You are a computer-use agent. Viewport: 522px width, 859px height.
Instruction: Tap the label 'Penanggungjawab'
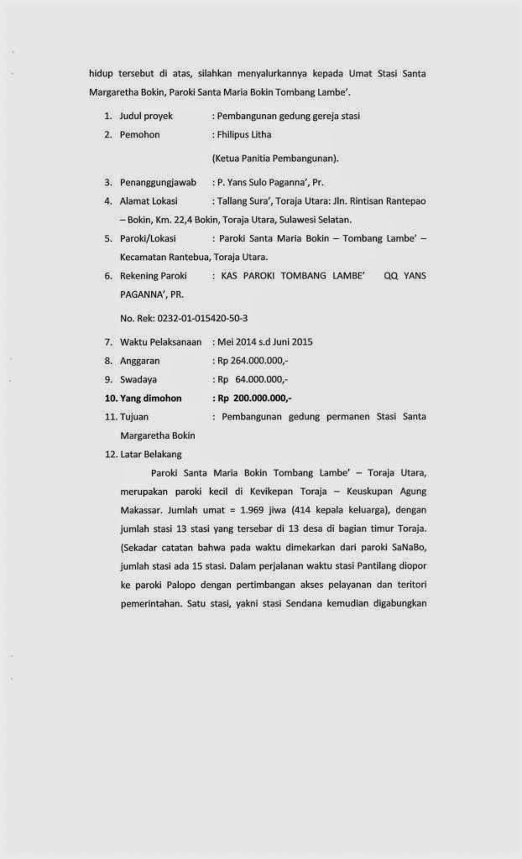(x=158, y=181)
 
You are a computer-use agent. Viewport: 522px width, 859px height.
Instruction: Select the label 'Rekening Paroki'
(x=154, y=275)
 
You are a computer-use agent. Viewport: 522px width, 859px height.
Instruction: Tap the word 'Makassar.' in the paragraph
(x=141, y=510)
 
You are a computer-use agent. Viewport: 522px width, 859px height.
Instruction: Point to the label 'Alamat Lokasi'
(x=149, y=200)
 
